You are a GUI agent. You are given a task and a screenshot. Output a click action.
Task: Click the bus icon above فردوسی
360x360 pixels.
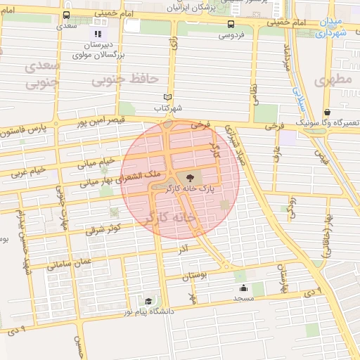tap(231, 23)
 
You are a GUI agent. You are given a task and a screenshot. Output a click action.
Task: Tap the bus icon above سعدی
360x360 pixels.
tap(66, 15)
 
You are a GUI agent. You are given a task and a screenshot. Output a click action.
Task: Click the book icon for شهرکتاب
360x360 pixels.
tap(167, 97)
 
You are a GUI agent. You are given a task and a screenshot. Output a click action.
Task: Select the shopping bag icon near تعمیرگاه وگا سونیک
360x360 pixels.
tap(327, 112)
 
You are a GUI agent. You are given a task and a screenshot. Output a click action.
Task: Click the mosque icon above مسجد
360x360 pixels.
tap(243, 287)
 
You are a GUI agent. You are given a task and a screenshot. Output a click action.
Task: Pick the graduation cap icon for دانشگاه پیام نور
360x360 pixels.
tap(148, 301)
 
